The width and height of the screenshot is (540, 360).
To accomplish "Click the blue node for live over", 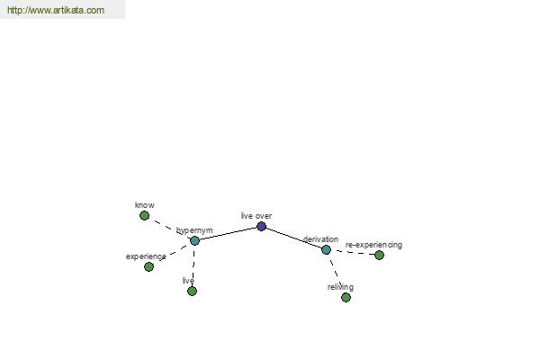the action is point(261,226).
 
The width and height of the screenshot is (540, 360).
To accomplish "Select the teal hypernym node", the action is point(194,241).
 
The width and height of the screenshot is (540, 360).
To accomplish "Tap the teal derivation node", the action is point(326,250).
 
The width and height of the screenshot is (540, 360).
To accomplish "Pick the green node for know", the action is point(144,216).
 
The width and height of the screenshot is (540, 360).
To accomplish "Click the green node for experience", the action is point(148,266).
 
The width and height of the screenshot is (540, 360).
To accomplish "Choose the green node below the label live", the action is point(193,291).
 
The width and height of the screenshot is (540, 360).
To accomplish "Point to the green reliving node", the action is point(346,297).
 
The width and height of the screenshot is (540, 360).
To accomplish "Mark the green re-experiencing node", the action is point(379,256).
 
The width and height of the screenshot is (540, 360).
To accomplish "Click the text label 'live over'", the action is point(256,216).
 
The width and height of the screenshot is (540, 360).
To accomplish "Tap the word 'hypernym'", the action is point(194,230).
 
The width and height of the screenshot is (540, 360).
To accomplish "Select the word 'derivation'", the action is point(320,239).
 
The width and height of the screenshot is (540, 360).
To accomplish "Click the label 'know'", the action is point(145,205).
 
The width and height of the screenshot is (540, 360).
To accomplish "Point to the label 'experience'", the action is point(146,256).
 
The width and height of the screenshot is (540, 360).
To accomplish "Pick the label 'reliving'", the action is point(340,287).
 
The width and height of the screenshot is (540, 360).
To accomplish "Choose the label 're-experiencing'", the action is point(373,245).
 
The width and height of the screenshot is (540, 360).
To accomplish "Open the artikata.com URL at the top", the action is point(56,10).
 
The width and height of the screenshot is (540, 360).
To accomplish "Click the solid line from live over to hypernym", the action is point(228,234).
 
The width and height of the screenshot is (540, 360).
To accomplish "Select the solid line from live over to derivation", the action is point(293,238).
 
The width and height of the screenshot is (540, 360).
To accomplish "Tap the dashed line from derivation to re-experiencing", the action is point(353,253).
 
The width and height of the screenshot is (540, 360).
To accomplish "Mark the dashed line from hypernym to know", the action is point(169,228).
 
